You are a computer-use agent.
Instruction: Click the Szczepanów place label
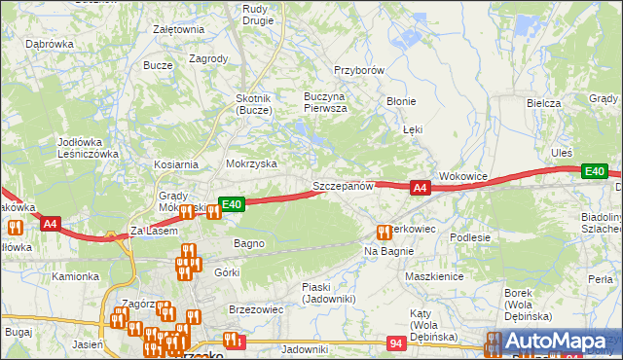[x=343, y=185]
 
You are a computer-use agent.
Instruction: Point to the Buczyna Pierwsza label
[x=312, y=103]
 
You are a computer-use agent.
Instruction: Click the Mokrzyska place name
[x=251, y=164]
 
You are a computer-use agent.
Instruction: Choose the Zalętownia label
[x=178, y=29]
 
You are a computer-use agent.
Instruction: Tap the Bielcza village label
[x=544, y=103]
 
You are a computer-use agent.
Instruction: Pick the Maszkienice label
[x=433, y=276]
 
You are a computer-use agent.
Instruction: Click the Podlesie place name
[x=469, y=236]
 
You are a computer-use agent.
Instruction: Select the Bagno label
[x=248, y=242]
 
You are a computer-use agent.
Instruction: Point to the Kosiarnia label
[x=175, y=165]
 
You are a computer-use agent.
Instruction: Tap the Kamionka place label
[x=76, y=276]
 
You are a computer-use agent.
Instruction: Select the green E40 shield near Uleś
[x=595, y=172]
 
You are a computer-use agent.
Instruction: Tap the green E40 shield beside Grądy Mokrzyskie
[x=231, y=204]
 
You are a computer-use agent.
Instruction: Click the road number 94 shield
[x=396, y=343]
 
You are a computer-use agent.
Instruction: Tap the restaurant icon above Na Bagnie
[x=384, y=232]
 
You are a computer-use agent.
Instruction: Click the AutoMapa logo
[x=555, y=342]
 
